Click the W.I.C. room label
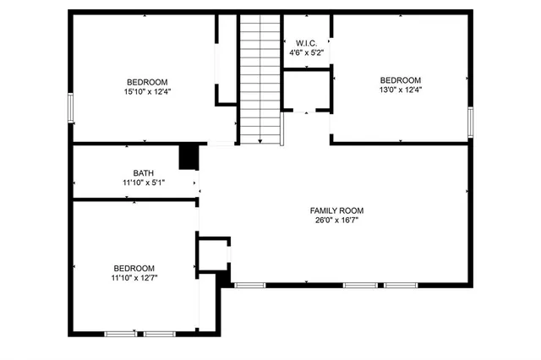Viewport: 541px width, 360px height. click(x=304, y=42)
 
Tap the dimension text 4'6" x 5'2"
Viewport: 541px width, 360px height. click(x=304, y=52)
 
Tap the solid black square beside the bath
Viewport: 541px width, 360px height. click(x=189, y=157)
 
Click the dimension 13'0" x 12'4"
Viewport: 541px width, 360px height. click(x=401, y=90)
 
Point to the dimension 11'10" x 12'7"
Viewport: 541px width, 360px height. click(x=134, y=276)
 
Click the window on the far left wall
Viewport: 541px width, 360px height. click(x=70, y=108)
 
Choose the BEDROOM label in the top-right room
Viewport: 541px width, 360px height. click(x=401, y=79)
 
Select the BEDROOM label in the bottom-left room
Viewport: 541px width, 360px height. click(x=134, y=266)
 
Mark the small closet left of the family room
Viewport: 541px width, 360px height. click(x=213, y=254)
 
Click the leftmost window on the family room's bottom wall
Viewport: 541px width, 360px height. click(x=249, y=285)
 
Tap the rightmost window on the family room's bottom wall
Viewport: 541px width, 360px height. click(x=399, y=285)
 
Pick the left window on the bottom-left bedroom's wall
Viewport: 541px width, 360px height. click(x=118, y=334)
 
